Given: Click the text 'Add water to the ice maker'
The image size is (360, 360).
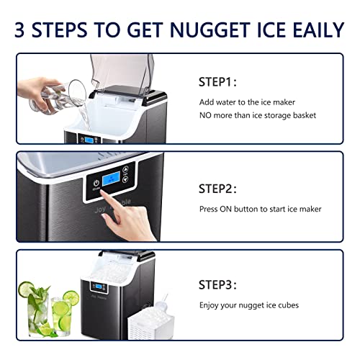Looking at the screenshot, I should pos(247,102).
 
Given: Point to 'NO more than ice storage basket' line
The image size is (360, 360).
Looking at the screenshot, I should pos(257,115).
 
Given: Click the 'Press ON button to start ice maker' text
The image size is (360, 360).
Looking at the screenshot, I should pos(260,209).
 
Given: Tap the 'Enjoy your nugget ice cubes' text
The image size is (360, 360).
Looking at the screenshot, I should pos(248,305).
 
